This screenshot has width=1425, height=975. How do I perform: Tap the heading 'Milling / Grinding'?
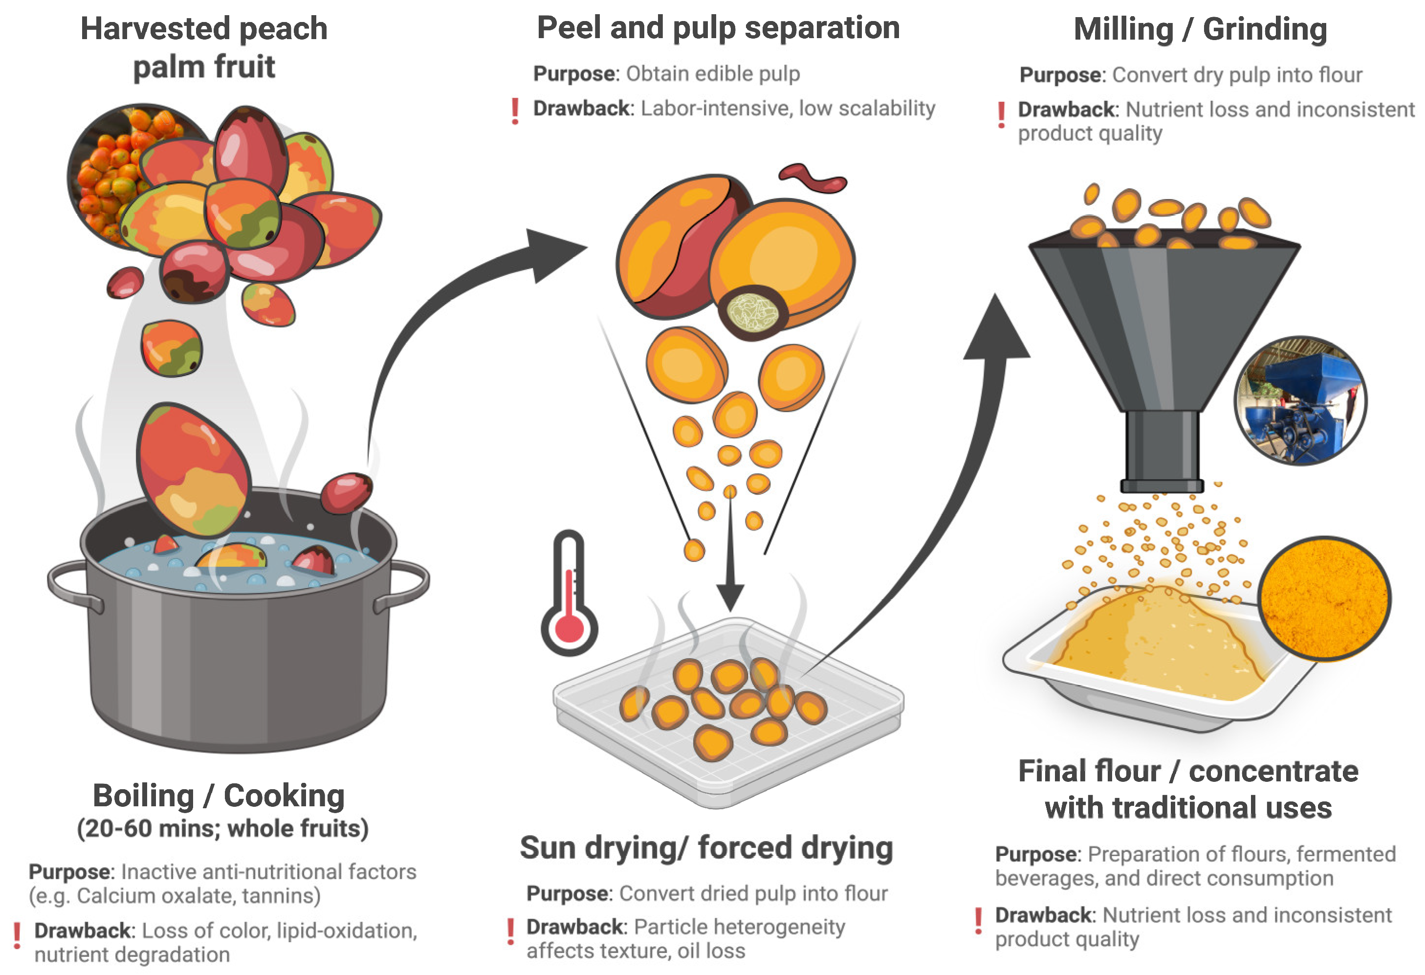pyautogui.click(x=1200, y=29)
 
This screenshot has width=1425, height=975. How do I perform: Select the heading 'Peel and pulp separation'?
pyautogui.click(x=718, y=28)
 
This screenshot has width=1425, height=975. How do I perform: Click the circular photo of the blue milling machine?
pyautogui.click(x=1300, y=400)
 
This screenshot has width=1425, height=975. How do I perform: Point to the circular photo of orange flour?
pyautogui.click(x=1324, y=598)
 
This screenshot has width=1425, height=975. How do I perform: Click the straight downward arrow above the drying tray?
pyautogui.click(x=730, y=552)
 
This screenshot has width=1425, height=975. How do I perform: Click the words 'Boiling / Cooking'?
pyautogui.click(x=219, y=796)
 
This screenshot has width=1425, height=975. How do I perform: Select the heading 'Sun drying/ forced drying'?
pyautogui.click(x=706, y=848)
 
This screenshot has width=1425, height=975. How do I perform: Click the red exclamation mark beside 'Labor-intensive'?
pyautogui.click(x=515, y=111)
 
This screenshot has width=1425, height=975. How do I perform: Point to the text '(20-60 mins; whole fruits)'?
pyautogui.click(x=222, y=828)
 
